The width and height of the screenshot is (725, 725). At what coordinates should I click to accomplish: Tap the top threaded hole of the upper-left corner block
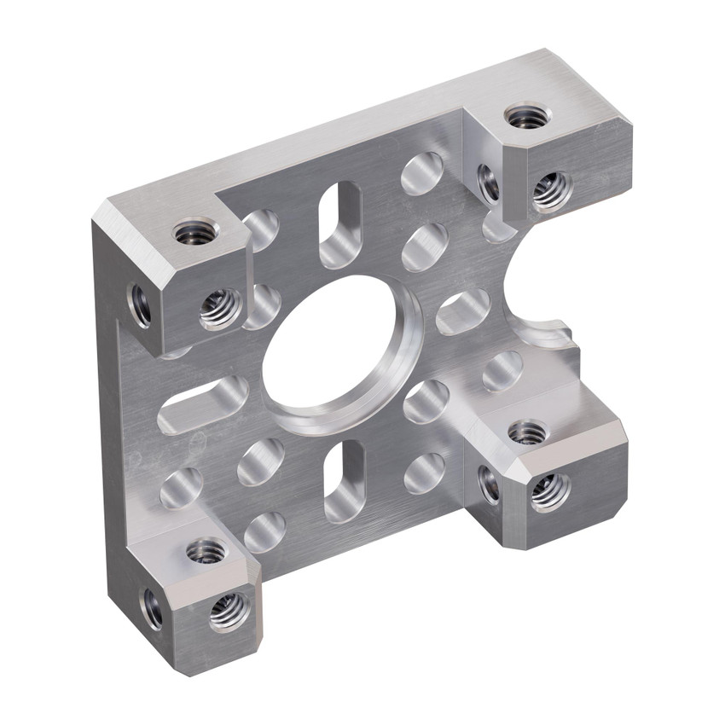coord(196,230)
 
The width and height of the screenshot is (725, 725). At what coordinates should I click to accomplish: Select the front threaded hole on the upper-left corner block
coord(220,309)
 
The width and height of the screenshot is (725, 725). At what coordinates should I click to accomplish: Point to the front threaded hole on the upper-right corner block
coord(551,190)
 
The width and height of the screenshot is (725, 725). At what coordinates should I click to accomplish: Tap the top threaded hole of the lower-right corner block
coord(527,432)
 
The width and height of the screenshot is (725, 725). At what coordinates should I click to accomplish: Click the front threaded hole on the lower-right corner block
coord(548,492)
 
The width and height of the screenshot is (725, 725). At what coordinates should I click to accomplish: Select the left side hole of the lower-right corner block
coord(490,484)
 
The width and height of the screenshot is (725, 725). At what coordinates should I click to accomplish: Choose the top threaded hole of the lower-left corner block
coord(206,550)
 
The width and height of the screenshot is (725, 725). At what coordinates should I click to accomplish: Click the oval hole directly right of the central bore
coord(462,311)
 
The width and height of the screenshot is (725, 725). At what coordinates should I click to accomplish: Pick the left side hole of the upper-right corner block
coord(488,183)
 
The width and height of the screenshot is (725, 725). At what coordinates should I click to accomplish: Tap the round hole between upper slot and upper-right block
coord(422,174)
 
